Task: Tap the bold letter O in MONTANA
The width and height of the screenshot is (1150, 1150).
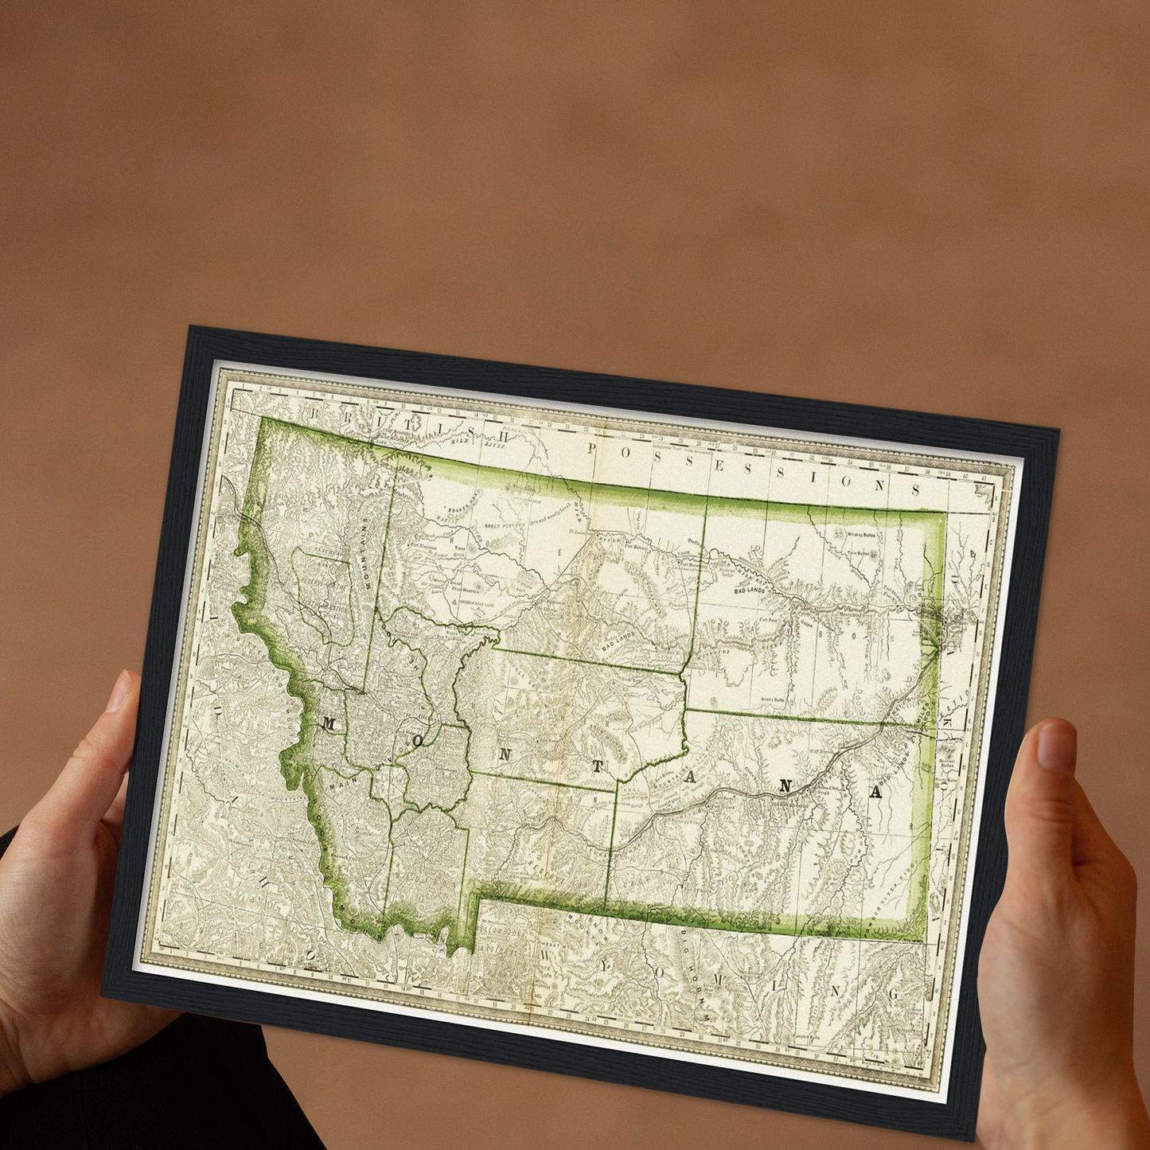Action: pos(419,741)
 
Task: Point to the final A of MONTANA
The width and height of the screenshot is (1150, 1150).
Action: pos(875,792)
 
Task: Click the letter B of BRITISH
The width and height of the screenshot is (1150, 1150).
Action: pos(315,413)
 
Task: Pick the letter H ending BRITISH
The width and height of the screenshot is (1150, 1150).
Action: pos(502,435)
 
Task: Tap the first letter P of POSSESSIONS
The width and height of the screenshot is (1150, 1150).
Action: pos(591,449)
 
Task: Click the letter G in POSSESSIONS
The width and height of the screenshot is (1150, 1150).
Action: pos(847,481)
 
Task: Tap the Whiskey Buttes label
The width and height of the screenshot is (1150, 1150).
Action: pos(860,536)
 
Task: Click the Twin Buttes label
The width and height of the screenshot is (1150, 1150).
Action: pos(857,552)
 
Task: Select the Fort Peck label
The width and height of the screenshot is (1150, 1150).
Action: pos(767,619)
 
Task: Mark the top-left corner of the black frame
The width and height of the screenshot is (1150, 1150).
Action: pos(189,327)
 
